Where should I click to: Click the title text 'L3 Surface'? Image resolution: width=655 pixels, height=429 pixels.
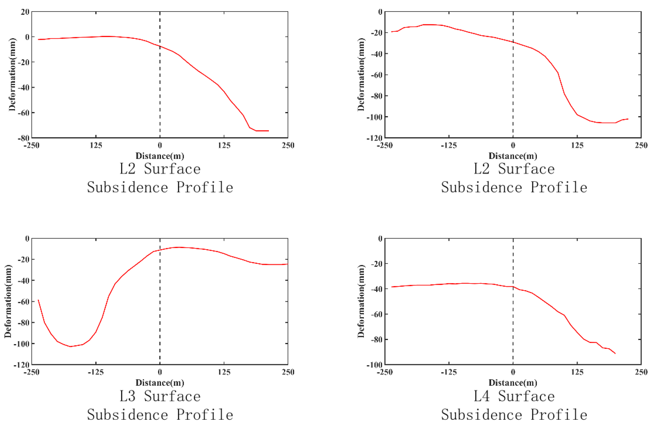tap(160, 396)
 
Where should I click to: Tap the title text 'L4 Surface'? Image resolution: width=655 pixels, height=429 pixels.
tap(514, 396)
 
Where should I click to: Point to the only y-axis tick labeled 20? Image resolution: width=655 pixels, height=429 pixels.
tap(25, 12)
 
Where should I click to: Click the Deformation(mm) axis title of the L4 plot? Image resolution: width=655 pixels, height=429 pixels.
tap(361, 301)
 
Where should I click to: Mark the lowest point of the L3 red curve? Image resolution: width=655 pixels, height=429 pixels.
tap(70, 346)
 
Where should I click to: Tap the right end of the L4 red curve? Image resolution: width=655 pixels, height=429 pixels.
tap(615, 353)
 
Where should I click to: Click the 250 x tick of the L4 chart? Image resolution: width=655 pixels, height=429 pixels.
tap(641, 372)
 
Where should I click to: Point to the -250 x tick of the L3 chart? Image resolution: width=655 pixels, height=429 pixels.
tap(32, 372)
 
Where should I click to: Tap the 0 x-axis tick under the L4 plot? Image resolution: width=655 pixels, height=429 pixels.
tap(513, 372)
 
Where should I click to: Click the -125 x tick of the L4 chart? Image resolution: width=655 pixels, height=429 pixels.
tap(449, 372)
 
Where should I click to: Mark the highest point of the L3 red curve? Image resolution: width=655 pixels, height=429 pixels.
tap(179, 247)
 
